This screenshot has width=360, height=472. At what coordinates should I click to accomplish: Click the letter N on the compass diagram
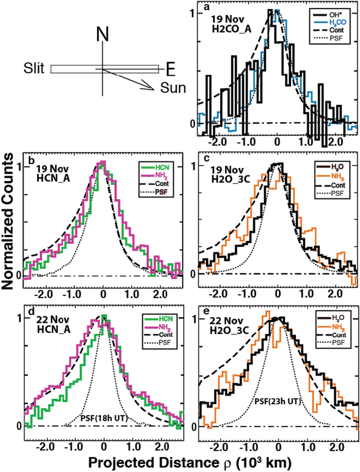click(103, 35)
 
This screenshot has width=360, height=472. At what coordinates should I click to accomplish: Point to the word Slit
click(34, 68)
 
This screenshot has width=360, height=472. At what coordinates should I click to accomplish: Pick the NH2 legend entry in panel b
click(161, 177)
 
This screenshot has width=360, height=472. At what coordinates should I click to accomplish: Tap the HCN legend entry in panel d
click(166, 319)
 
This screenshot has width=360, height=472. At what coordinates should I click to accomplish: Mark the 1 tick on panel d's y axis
click(20, 318)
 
